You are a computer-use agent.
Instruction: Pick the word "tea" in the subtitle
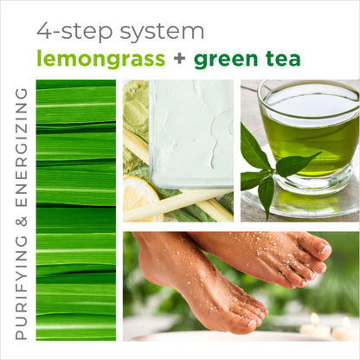click(x=282, y=59)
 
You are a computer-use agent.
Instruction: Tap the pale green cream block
click(x=190, y=130)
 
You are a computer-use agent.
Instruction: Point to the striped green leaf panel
click(x=75, y=208)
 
